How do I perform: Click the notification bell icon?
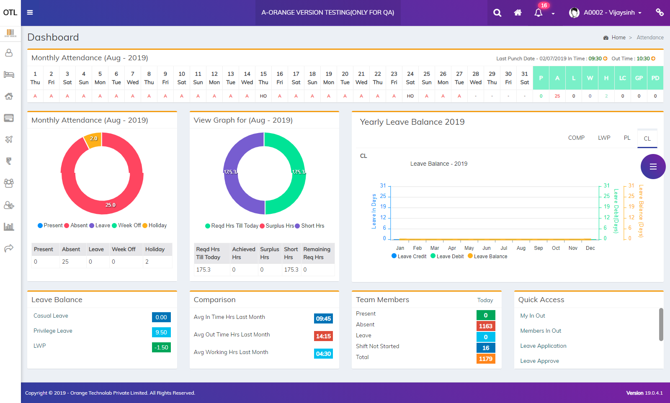tap(539, 13)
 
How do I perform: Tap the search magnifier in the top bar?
tap(497, 13)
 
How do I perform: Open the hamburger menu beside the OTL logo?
tap(30, 13)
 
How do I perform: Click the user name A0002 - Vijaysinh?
tap(609, 13)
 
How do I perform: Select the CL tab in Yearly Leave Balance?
tap(647, 139)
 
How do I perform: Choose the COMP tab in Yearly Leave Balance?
tap(576, 138)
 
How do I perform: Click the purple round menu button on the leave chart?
tap(653, 167)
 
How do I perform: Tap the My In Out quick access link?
tap(533, 316)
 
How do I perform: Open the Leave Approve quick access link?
tap(539, 361)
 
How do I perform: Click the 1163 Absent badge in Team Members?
tap(486, 326)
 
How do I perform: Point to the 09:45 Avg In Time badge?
tap(323, 318)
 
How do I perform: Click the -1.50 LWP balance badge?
tap(161, 347)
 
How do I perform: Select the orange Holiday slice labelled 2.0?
tap(93, 139)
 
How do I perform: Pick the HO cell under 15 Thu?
tap(263, 96)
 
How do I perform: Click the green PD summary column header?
tap(655, 78)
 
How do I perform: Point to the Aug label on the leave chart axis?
tap(521, 248)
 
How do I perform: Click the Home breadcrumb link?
tap(618, 37)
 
